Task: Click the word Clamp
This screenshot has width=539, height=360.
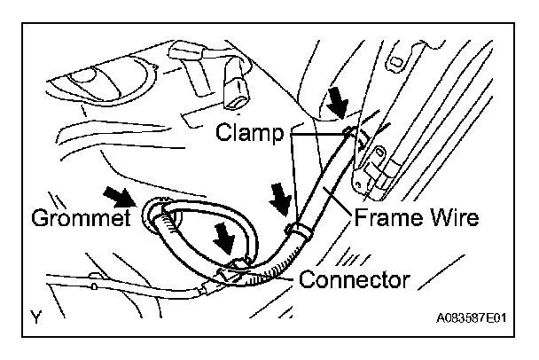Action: (x=249, y=135)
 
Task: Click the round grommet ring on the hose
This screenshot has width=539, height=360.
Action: (x=153, y=215)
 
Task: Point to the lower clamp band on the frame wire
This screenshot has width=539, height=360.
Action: (x=299, y=231)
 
